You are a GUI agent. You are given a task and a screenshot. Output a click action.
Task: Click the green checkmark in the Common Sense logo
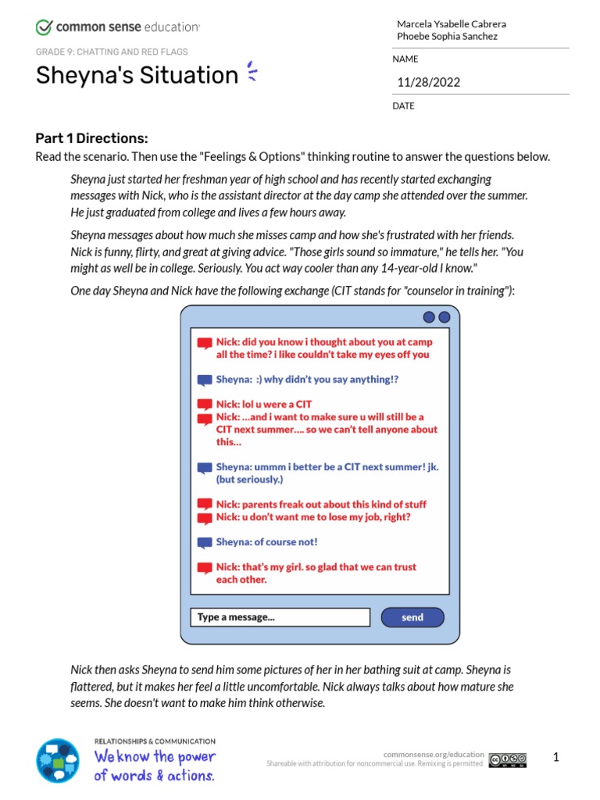[44, 27]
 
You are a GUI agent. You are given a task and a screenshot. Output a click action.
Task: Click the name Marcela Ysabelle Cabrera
[452, 23]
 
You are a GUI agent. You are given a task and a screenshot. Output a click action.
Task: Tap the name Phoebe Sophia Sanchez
[447, 36]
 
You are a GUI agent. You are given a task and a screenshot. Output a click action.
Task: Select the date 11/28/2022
[429, 82]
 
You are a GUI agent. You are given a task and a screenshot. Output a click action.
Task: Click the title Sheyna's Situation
[137, 75]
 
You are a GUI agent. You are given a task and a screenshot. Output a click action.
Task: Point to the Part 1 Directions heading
[91, 138]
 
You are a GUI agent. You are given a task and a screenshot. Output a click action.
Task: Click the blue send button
[412, 617]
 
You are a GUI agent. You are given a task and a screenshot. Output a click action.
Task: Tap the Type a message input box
[280, 617]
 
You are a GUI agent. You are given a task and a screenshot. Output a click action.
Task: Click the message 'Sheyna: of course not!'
[266, 541]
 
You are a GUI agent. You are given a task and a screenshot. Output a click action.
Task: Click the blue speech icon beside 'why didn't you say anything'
[204, 380]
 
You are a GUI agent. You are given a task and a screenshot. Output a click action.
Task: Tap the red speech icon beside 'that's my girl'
[204, 568]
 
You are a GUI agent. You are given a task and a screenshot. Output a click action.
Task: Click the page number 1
[556, 757]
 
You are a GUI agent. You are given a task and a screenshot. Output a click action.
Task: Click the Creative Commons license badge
[508, 759]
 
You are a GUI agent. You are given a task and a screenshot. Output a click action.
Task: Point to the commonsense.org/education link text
[434, 754]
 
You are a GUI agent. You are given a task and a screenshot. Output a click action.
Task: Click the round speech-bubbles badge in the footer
[58, 760]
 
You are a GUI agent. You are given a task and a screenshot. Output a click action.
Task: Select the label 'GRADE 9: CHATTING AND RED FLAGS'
[112, 52]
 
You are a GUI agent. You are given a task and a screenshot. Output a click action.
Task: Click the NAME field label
[405, 59]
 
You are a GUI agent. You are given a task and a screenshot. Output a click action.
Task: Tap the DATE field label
[404, 105]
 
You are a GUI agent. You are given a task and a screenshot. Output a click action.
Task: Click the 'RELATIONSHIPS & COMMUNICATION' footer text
[155, 741]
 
